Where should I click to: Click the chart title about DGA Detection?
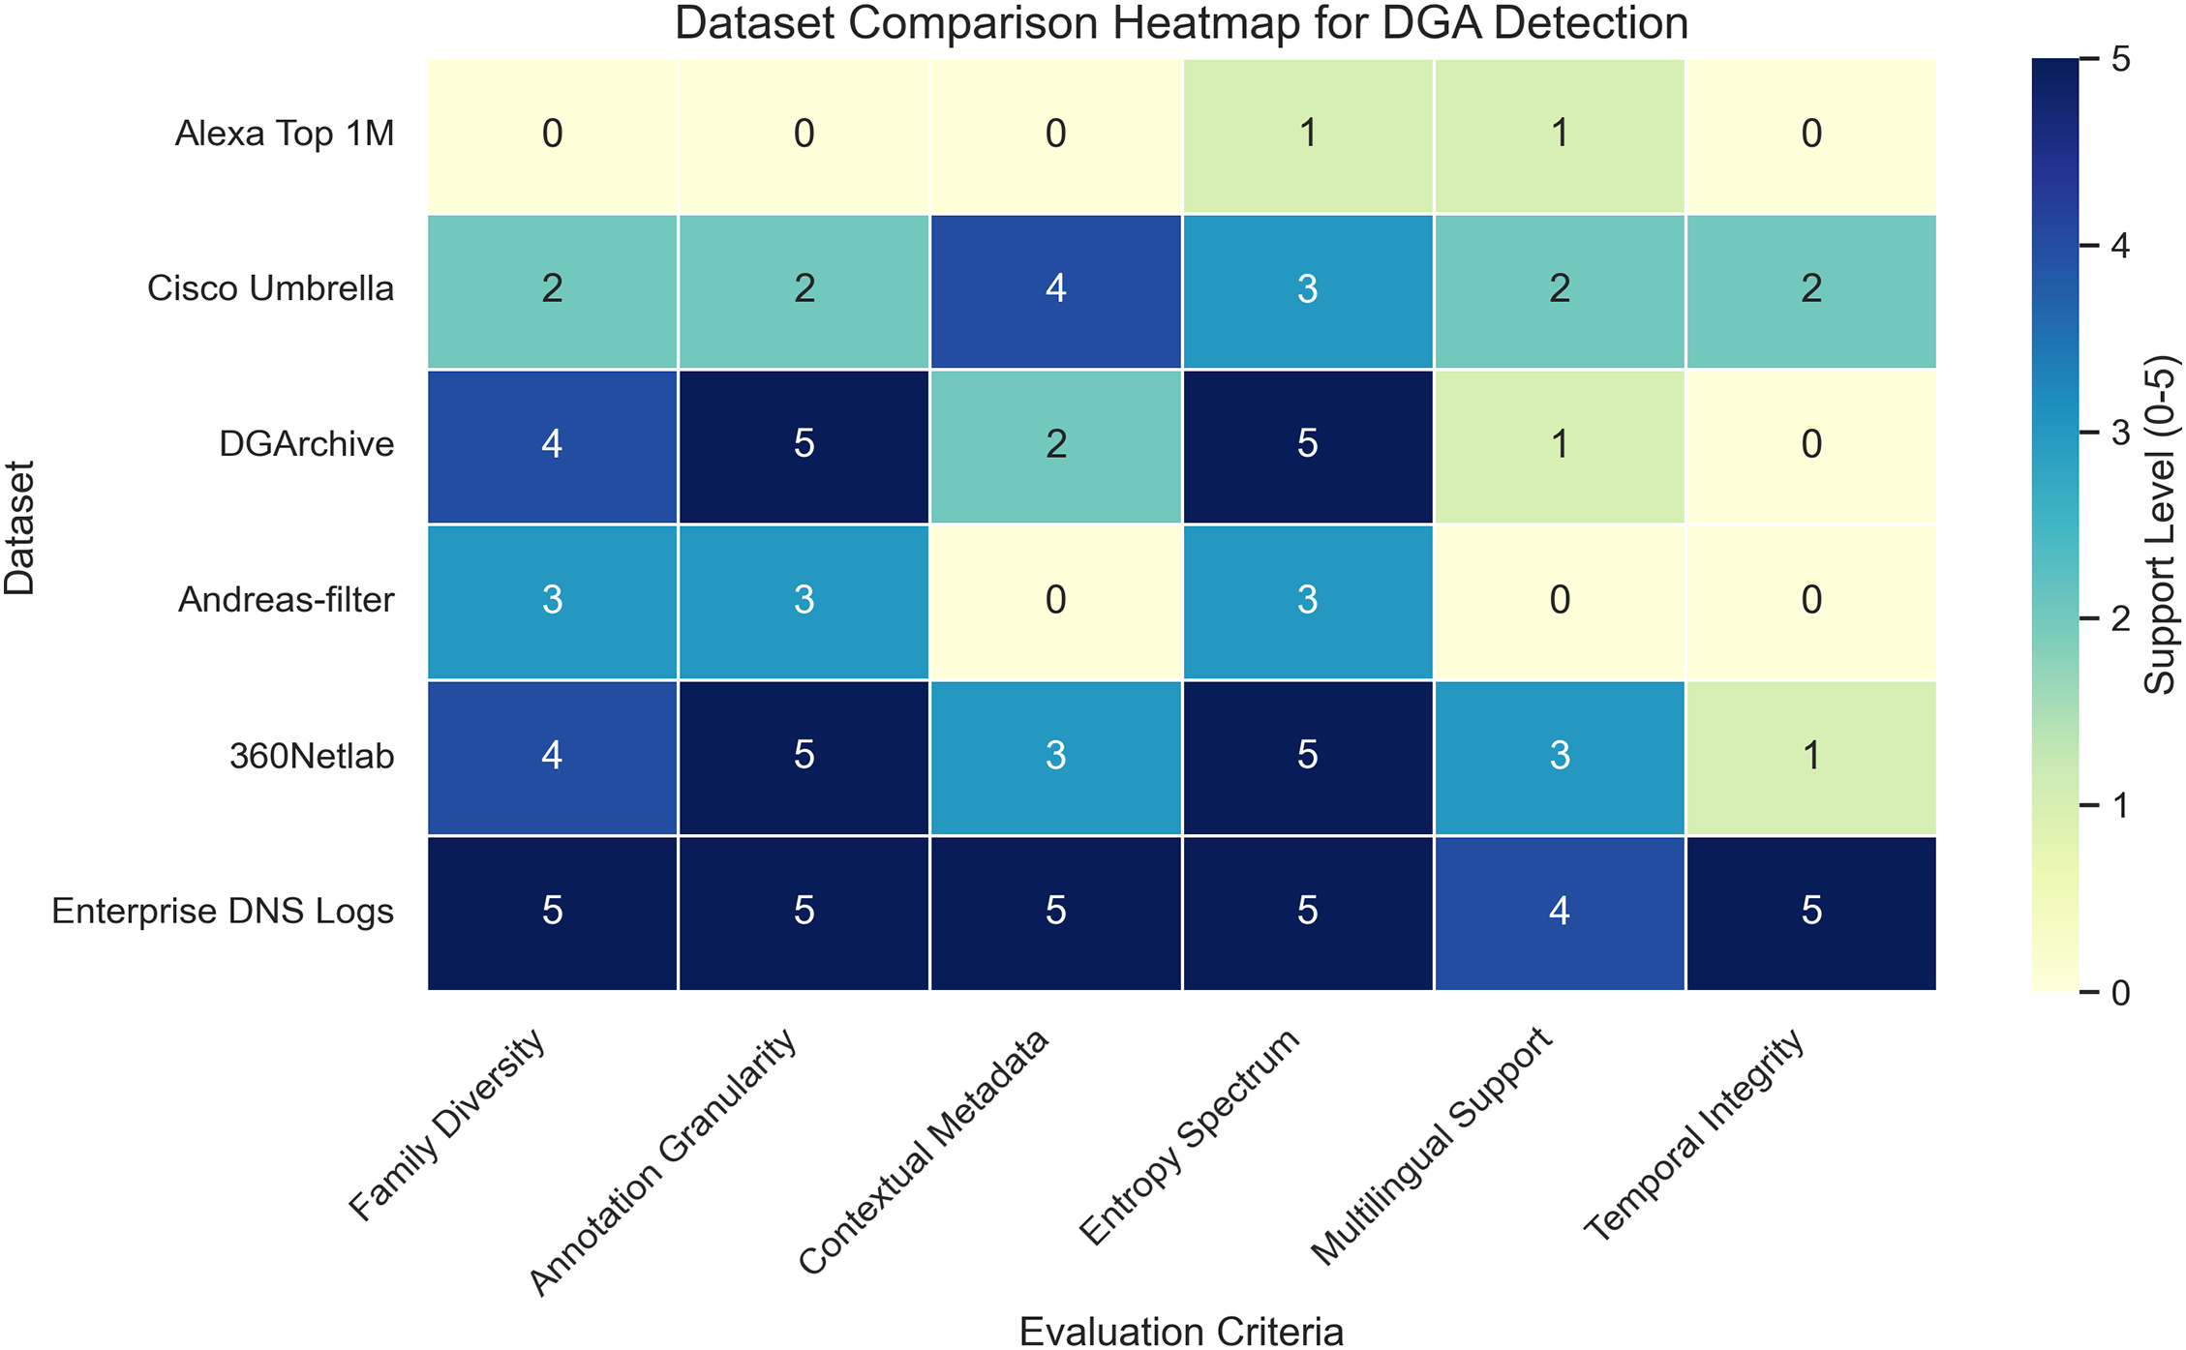point(1181,23)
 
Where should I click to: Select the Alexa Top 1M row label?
point(285,134)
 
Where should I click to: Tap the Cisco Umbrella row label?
point(271,288)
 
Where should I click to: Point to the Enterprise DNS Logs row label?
point(223,912)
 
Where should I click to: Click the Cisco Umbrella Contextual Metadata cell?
point(1055,289)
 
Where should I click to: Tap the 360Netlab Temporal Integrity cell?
point(1811,756)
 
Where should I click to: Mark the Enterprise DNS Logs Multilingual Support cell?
point(1560,912)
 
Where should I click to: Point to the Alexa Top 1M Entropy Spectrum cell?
point(1307,134)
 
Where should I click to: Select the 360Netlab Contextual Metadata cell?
point(1055,756)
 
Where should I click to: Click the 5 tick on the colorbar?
point(2120,60)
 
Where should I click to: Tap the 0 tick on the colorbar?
point(2120,993)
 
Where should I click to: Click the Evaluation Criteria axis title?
point(1181,1332)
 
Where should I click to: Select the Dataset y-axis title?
point(19,526)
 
